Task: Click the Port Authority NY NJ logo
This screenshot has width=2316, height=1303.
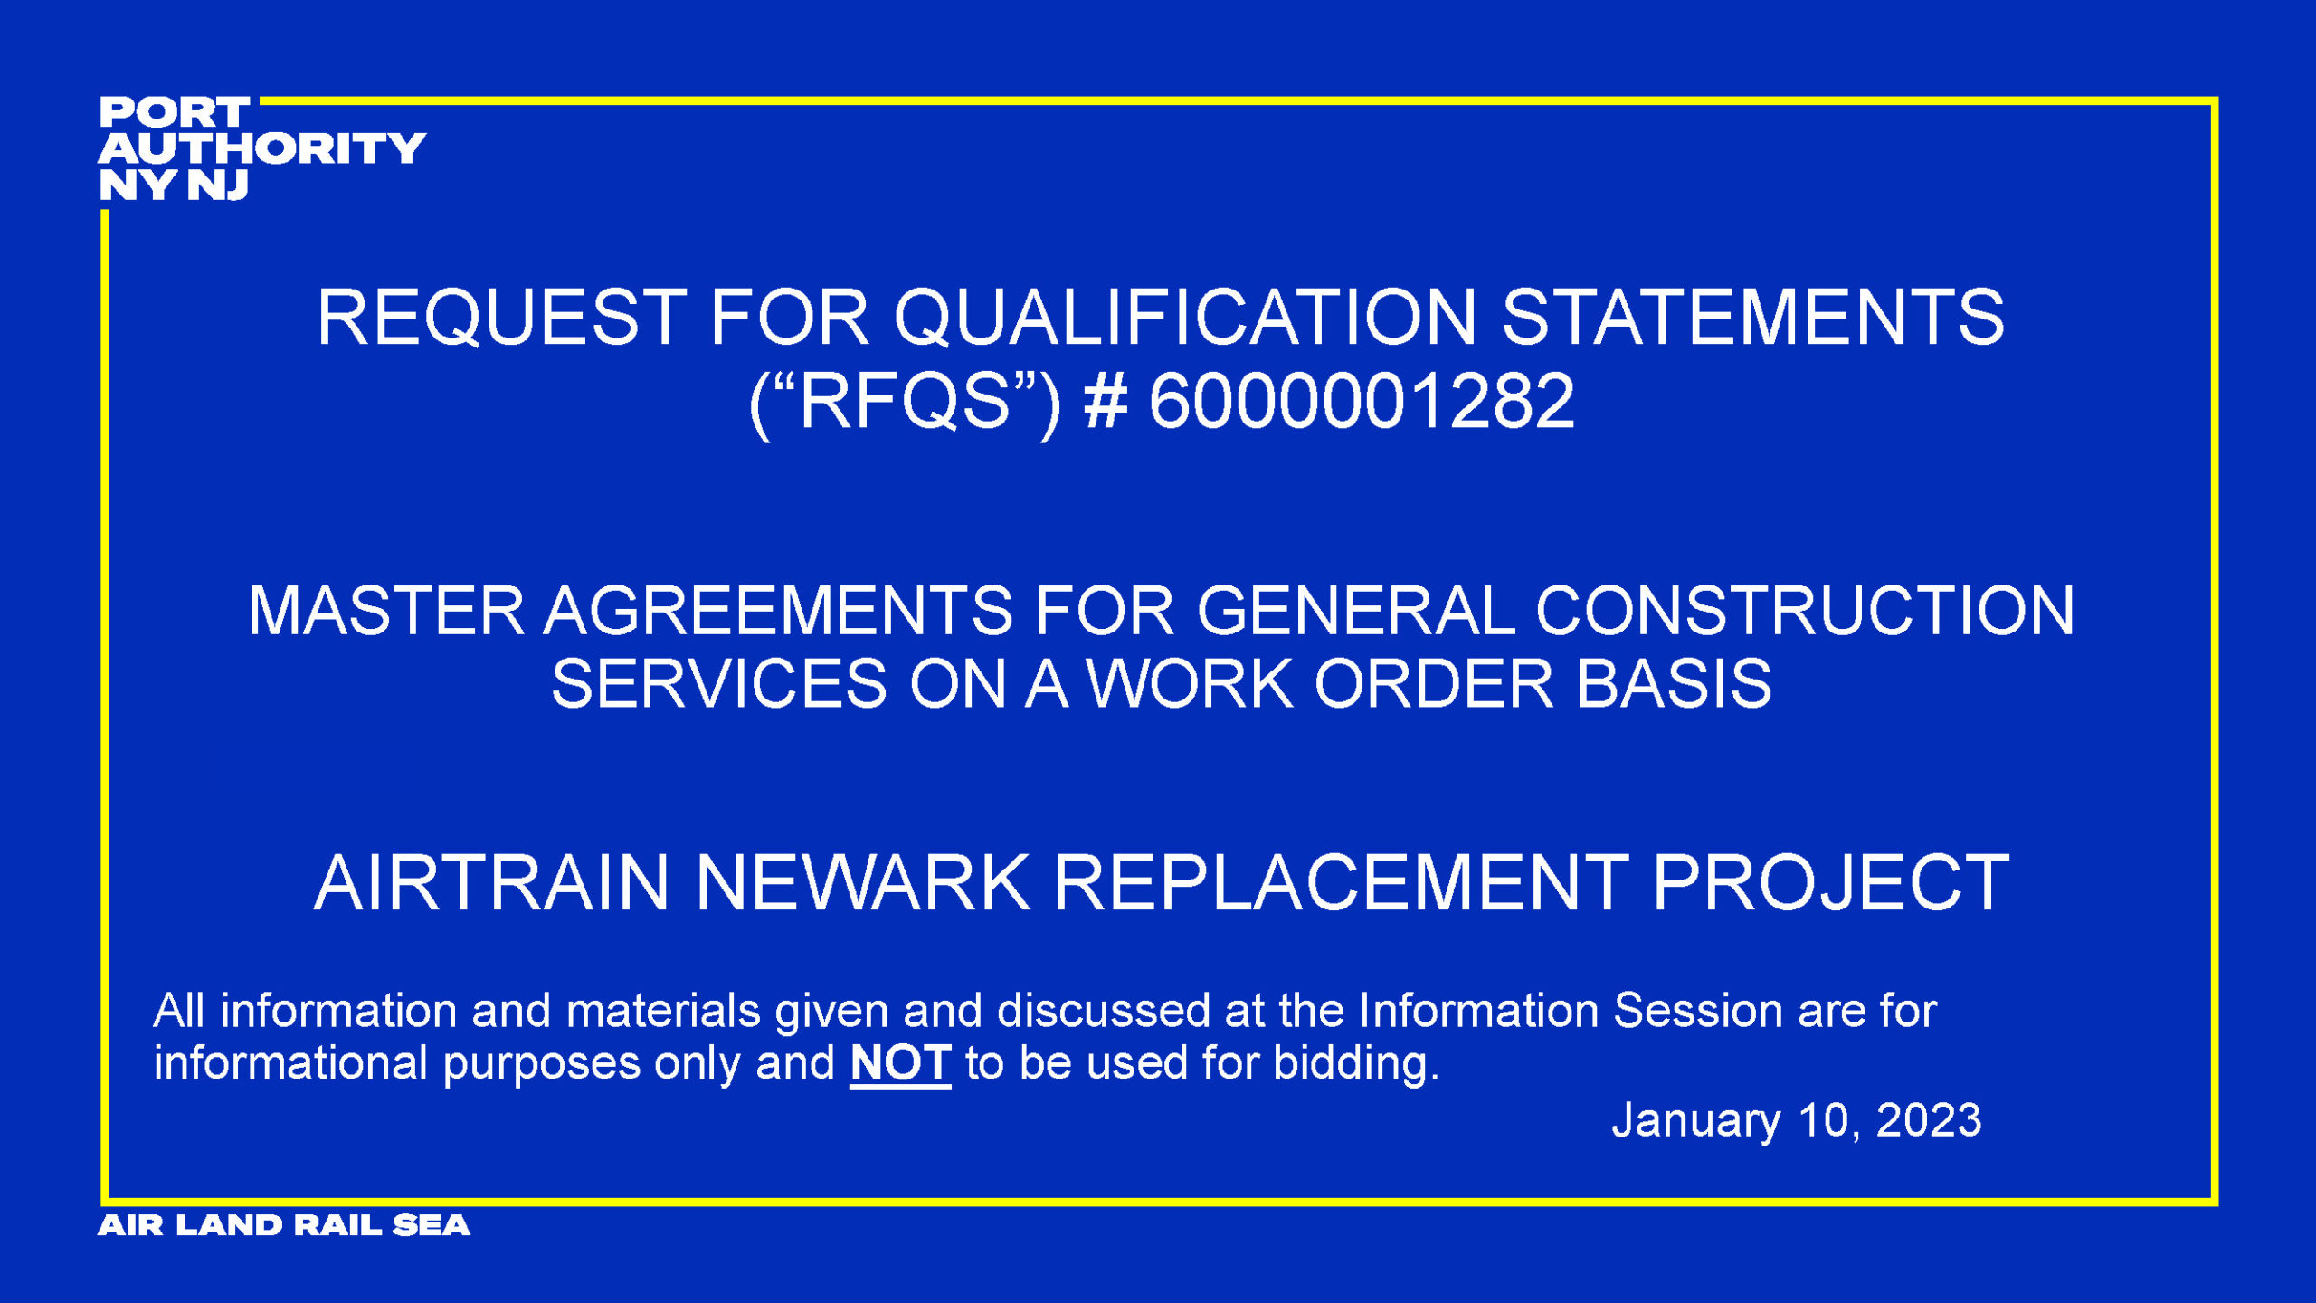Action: point(262,148)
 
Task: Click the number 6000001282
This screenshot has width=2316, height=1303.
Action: point(1362,401)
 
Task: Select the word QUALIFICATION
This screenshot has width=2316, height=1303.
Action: point(1186,318)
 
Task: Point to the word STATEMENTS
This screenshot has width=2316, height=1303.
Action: point(1753,318)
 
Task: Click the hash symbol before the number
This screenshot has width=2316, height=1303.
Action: point(1106,401)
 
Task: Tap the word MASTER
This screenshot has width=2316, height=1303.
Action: point(386,611)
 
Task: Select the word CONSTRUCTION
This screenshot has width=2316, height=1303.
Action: point(1805,611)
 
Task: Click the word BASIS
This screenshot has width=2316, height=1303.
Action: point(1674,683)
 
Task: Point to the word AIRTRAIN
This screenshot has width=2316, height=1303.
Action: point(491,882)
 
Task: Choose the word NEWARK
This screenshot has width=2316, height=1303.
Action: point(863,882)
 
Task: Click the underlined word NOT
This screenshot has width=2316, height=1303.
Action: point(900,1063)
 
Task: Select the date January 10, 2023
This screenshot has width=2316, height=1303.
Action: point(1797,1120)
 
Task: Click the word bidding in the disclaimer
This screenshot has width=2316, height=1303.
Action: point(1356,1063)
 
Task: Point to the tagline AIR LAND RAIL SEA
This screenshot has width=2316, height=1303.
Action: point(284,1225)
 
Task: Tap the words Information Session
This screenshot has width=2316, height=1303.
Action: point(1571,1011)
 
